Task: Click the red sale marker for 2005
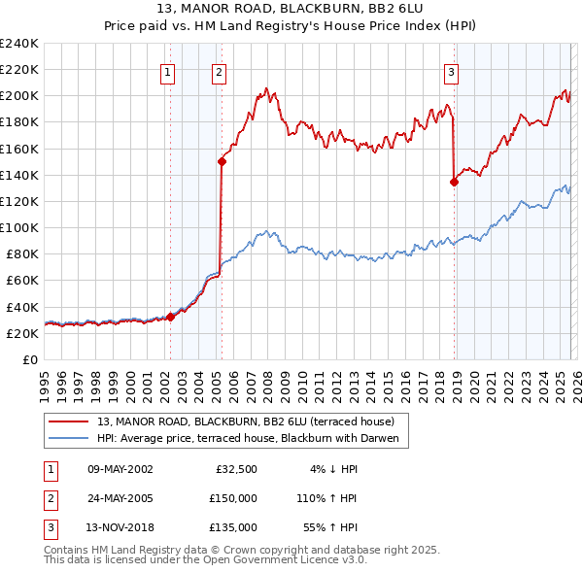pyautogui.click(x=222, y=162)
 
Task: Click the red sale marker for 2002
pyautogui.click(x=170, y=316)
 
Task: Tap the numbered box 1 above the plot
pyautogui.click(x=168, y=71)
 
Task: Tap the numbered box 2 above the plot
pyautogui.click(x=220, y=71)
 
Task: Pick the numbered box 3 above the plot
pyautogui.click(x=452, y=71)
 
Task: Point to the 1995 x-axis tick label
pyautogui.click(x=44, y=381)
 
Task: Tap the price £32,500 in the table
pyautogui.click(x=235, y=469)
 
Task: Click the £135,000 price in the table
pyautogui.click(x=232, y=527)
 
